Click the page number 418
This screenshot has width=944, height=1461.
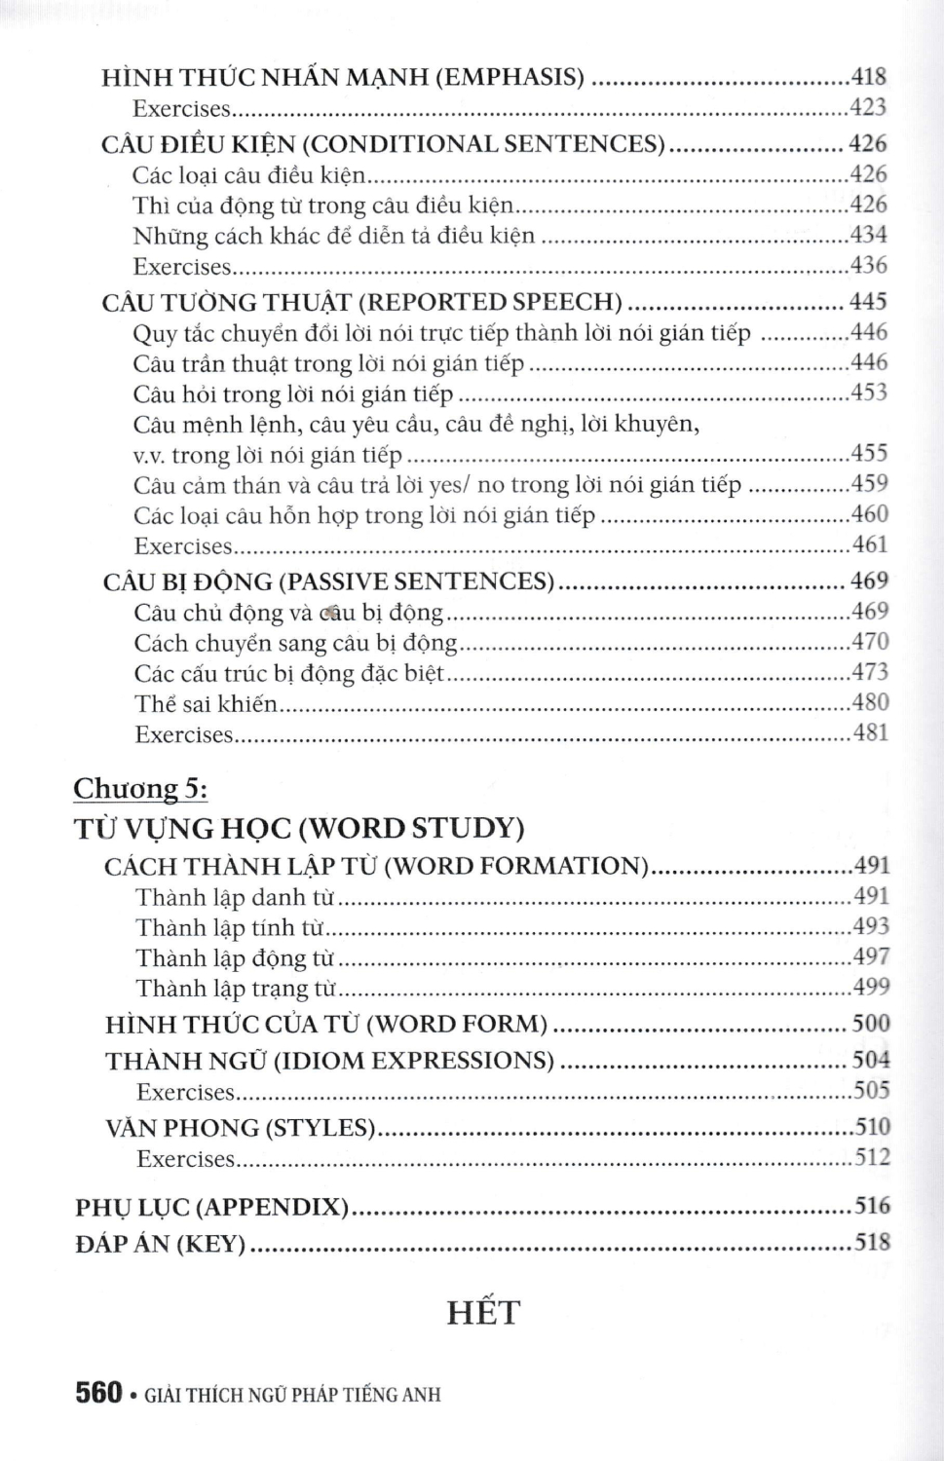coord(868,77)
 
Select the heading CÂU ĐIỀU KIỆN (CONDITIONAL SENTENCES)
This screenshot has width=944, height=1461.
coord(383,144)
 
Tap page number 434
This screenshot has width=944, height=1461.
coord(868,235)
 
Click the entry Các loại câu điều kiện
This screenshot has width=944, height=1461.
coord(248,175)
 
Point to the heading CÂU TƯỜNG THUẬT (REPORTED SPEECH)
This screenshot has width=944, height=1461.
coord(361,302)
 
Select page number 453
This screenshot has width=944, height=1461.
coord(869,393)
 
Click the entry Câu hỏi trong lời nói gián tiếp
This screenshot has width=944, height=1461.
coord(293,394)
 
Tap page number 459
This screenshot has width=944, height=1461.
coord(869,483)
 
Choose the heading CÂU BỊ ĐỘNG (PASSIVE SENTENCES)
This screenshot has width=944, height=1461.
coord(328,581)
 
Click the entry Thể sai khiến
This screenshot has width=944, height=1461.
coord(206,703)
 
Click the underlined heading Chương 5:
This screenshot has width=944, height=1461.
coord(140,788)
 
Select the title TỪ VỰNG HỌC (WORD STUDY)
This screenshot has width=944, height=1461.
coord(299,828)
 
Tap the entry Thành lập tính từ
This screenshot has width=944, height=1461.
coord(230,928)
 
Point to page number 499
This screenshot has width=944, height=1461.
coord(871,987)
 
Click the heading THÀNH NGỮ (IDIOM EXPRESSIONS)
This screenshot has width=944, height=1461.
coord(329,1061)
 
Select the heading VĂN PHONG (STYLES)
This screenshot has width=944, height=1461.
coord(240,1128)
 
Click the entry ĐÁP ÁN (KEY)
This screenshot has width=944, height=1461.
coord(160,1244)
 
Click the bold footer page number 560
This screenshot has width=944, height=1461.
coord(97,1393)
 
